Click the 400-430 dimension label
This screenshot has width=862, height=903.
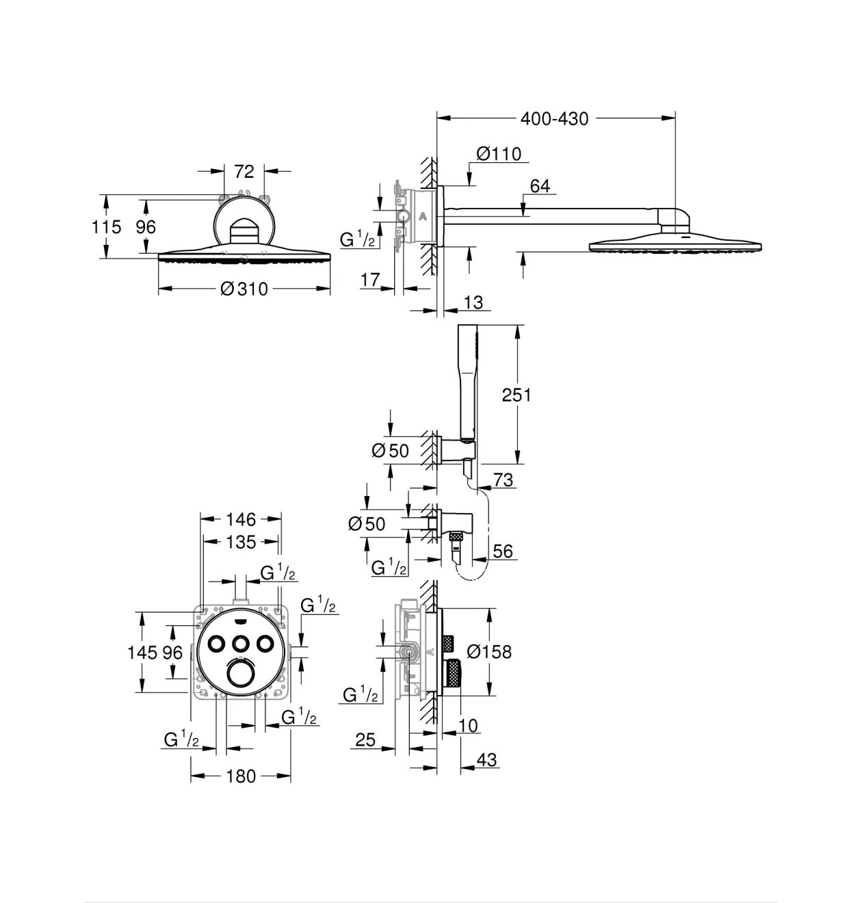click(554, 119)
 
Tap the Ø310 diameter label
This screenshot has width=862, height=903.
click(244, 289)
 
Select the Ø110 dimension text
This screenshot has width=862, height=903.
click(499, 154)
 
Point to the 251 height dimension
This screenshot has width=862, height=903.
click(516, 395)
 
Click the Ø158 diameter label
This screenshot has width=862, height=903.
click(489, 652)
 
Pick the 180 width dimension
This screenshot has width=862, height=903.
click(241, 776)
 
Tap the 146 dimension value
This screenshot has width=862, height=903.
click(241, 519)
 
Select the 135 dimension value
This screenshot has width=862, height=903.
click(241, 542)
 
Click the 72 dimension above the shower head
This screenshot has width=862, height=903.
click(244, 172)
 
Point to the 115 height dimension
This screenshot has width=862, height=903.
click(106, 227)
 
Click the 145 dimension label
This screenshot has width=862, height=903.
click(142, 653)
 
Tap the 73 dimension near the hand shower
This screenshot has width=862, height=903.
click(503, 480)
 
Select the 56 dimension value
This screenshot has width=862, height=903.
click(503, 551)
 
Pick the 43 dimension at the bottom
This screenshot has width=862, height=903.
click(486, 760)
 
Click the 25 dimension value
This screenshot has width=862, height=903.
click(365, 740)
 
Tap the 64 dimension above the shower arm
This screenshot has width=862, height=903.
click(540, 186)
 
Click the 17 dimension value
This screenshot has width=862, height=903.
click(370, 280)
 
